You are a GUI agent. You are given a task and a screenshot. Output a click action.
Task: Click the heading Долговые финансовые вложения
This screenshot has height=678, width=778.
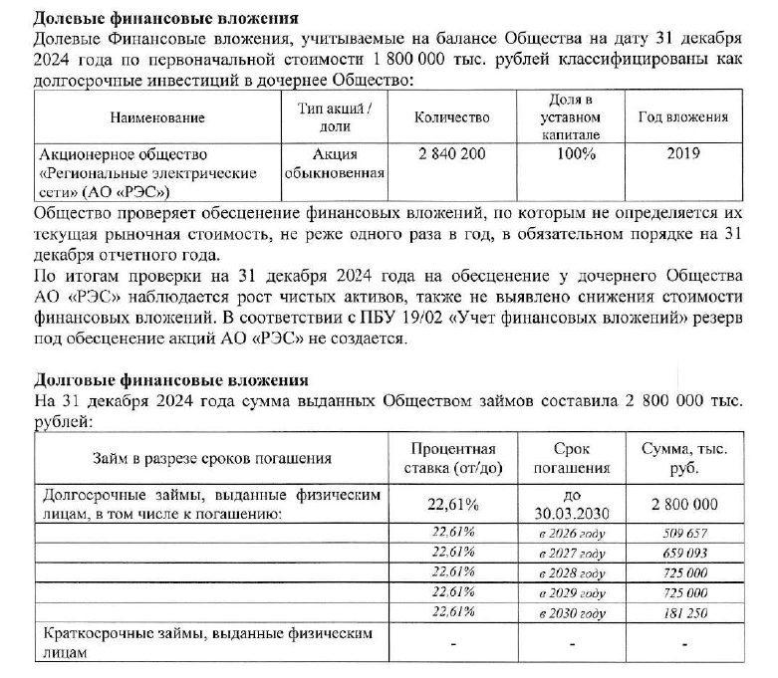click(x=171, y=380)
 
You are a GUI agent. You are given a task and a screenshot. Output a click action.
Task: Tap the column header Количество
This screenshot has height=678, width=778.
click(x=451, y=117)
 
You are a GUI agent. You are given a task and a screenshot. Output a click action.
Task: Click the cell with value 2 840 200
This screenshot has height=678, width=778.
click(x=451, y=154)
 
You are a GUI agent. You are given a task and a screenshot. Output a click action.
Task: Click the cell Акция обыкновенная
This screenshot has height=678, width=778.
click(x=335, y=163)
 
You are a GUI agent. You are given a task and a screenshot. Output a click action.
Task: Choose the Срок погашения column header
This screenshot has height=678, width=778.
click(x=580, y=459)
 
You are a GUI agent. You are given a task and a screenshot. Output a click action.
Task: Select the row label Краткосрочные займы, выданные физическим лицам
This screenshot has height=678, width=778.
click(x=204, y=643)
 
